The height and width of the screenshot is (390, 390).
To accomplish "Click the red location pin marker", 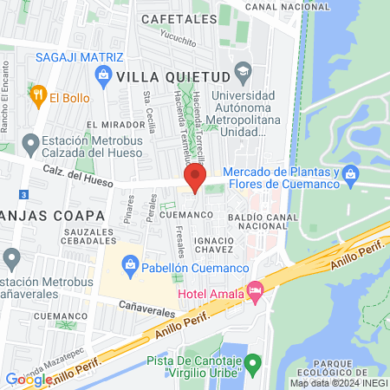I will coord(194,180).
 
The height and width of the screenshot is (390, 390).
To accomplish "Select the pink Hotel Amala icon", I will coord(254,291).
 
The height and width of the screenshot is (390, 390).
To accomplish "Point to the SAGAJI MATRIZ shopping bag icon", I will coord(103,75).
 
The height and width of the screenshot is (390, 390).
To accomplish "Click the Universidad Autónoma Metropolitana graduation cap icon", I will coord(244,70).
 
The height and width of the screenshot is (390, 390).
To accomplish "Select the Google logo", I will coord(28,379).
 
